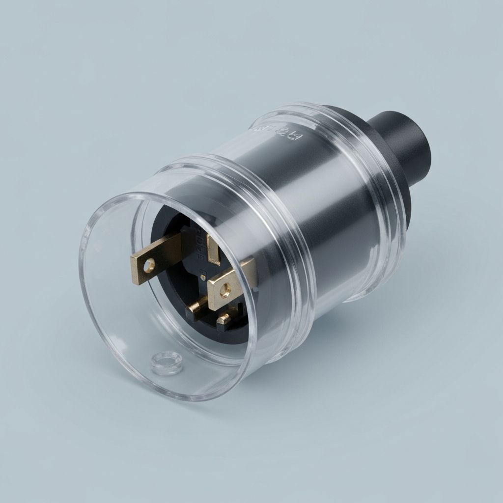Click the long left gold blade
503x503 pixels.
pos(162,256)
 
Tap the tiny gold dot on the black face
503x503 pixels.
pos(202,278)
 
